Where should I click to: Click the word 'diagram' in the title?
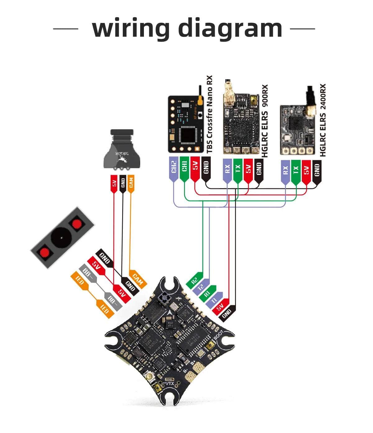pyautogui.click(x=231, y=29)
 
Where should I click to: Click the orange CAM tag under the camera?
pyautogui.click(x=131, y=183)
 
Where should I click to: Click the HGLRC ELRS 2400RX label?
pyautogui.click(x=323, y=120)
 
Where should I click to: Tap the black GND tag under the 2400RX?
pyautogui.click(x=317, y=170)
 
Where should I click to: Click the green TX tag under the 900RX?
pyautogui.click(x=238, y=169)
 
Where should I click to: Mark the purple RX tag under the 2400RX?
pyautogui.click(x=285, y=170)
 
